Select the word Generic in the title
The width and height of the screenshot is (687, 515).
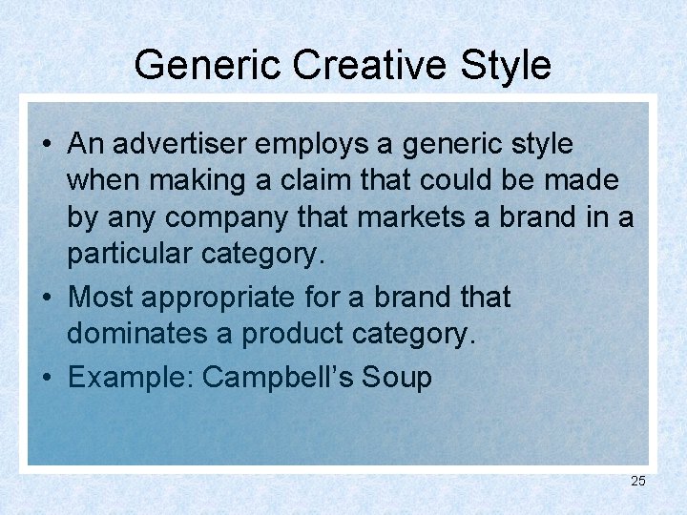(207, 65)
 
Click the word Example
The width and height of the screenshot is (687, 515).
(129, 377)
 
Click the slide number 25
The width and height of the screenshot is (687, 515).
(638, 481)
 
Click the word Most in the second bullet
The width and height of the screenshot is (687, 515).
(101, 298)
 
